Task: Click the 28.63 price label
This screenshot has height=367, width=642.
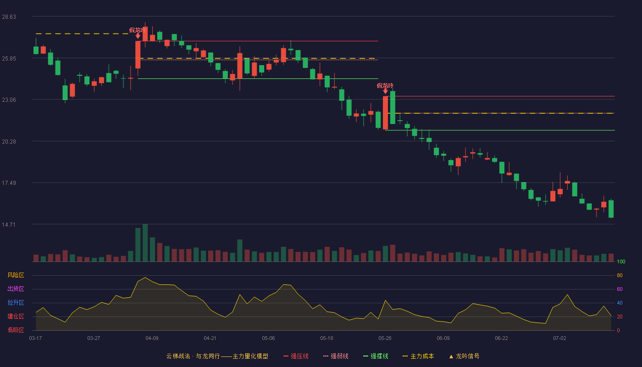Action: point(9,17)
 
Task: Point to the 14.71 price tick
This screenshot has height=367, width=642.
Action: point(9,224)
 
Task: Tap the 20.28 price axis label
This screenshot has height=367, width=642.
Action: point(9,142)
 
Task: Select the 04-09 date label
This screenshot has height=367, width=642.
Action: point(152,339)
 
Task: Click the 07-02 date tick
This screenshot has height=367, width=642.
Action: point(559,339)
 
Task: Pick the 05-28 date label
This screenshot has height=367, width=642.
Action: point(385,339)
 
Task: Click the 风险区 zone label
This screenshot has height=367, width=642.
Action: point(16,275)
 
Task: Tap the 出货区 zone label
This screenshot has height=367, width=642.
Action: point(16,289)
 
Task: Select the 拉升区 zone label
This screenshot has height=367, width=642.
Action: point(16,302)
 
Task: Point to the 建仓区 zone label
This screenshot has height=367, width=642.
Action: point(16,316)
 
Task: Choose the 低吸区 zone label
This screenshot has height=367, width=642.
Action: point(16,330)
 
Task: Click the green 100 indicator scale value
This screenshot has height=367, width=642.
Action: point(621,261)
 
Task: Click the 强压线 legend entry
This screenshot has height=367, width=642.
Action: point(296,356)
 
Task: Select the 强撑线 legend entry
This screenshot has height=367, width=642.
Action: point(376,356)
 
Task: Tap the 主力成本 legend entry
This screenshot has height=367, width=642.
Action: point(418,356)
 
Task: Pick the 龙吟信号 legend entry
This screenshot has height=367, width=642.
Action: point(464,356)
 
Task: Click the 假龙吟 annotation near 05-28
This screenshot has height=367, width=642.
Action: point(385,86)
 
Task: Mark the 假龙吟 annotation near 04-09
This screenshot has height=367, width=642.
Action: point(138,30)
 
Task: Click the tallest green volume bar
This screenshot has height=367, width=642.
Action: point(145,243)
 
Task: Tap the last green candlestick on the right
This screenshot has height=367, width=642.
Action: point(611,209)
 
